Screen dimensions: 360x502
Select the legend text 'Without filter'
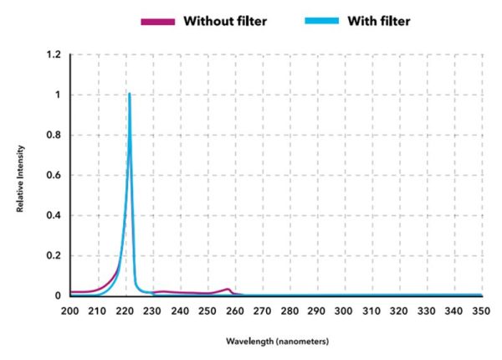(225, 21)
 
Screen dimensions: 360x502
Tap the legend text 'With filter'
(378, 21)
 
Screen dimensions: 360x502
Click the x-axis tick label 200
(70, 311)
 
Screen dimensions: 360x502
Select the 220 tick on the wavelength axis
(125, 311)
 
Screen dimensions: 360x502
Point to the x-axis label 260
(235, 311)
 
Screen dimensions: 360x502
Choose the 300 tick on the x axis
(345, 311)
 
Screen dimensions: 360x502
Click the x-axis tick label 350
(482, 311)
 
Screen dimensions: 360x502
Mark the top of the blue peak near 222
(130, 94)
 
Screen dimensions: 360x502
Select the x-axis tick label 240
(180, 311)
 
